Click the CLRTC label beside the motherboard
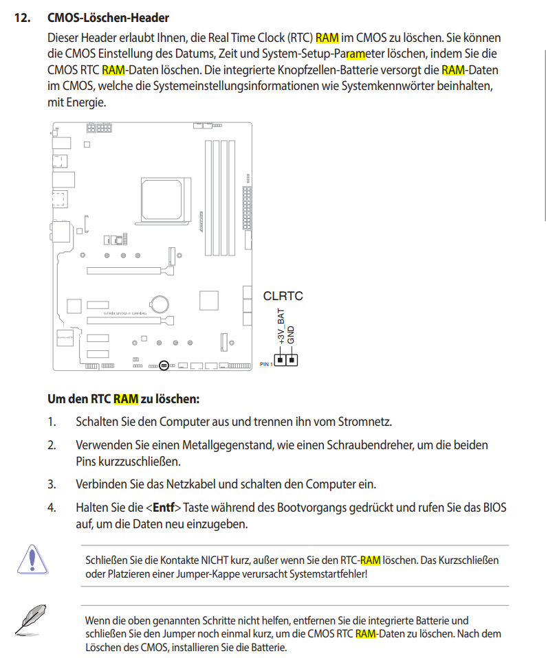283,296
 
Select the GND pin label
291,334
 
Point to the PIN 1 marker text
267,364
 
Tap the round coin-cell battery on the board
160,302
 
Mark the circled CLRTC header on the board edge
164,365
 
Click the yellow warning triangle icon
31,559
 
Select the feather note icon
31,618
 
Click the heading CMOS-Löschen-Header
108,17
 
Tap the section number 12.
23,17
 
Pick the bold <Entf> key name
163,508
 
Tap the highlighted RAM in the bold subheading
126,398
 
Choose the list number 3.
52,484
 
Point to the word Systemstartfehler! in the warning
327,574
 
